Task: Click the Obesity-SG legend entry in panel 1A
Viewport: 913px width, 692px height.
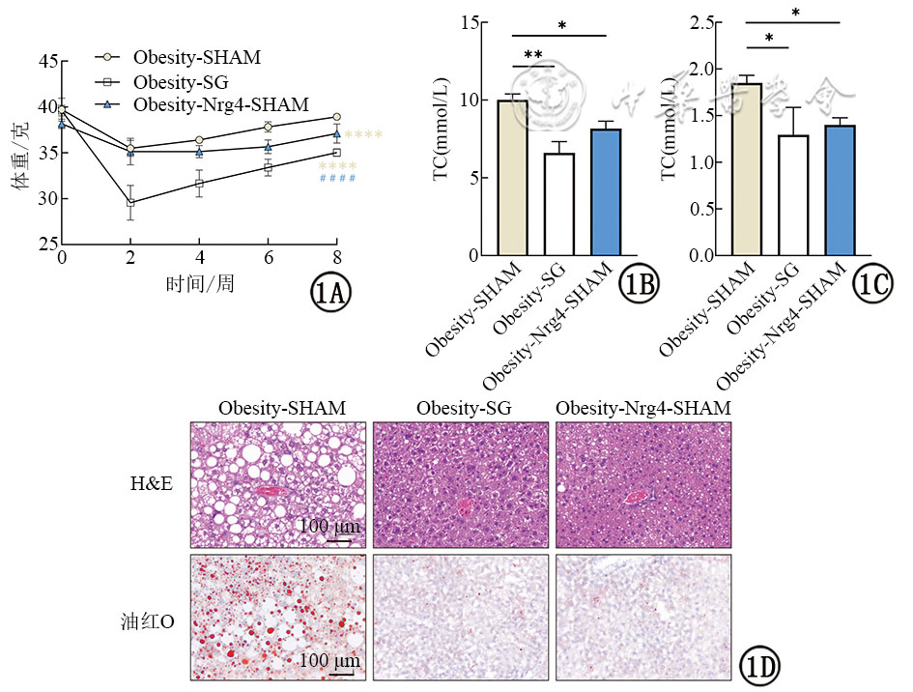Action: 194,81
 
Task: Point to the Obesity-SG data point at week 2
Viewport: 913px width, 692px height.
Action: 130,203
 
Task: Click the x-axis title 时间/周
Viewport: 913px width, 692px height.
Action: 199,283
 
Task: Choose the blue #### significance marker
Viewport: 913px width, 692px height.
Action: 337,179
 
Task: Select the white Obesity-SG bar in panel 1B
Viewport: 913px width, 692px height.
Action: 532,204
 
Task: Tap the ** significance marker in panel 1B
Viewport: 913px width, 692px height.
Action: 532,56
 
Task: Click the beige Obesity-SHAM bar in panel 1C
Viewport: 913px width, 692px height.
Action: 746,169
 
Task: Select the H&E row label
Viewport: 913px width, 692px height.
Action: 153,483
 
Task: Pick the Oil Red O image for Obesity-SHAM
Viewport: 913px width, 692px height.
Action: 278,617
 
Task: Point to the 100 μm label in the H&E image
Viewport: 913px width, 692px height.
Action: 329,527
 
